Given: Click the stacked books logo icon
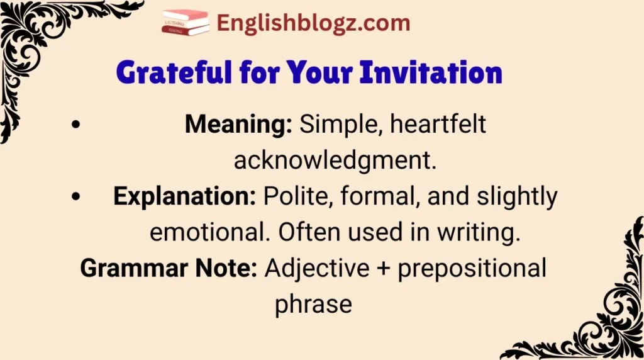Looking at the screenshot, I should pyautogui.click(x=186, y=23).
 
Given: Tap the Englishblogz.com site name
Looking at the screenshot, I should pyautogui.click(x=313, y=24).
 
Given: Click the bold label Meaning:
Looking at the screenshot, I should pyautogui.click(x=238, y=125).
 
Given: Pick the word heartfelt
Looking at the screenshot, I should pyautogui.click(x=438, y=125).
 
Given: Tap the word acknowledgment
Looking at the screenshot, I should pyautogui.click(x=335, y=161).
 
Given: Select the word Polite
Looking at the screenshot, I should pyautogui.click(x=298, y=197).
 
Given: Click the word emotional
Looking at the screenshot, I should pyautogui.click(x=211, y=233).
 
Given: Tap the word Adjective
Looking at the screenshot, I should pyautogui.click(x=317, y=269).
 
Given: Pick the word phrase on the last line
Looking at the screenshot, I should pyautogui.click(x=313, y=305).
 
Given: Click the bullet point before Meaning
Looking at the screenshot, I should pyautogui.click(x=76, y=125).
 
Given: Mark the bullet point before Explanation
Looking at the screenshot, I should pyautogui.click(x=76, y=198).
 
